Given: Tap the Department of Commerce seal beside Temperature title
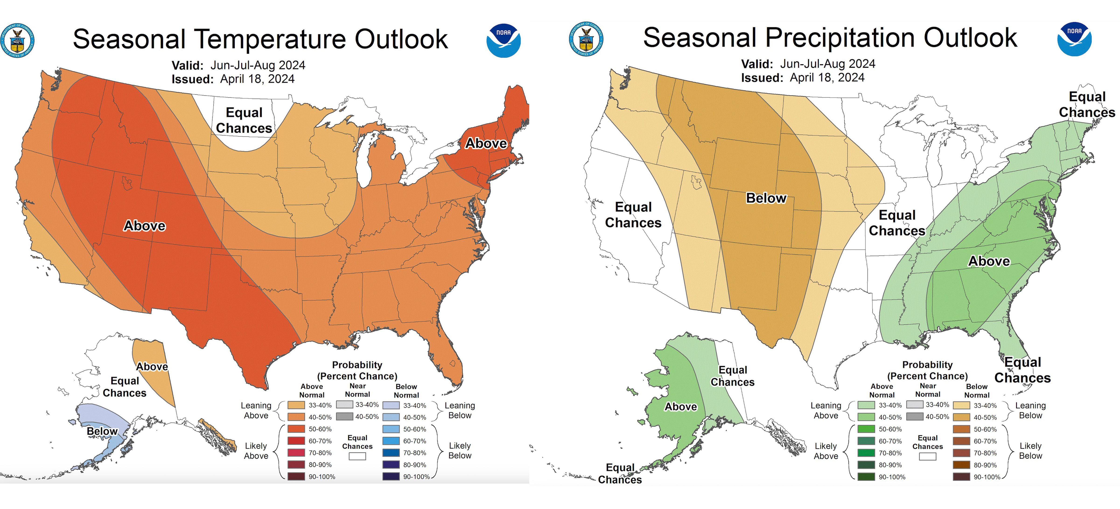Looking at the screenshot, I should click(x=18, y=40).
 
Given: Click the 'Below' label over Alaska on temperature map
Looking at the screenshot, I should click(x=102, y=431).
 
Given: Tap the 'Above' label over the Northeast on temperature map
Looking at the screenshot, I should click(x=486, y=143).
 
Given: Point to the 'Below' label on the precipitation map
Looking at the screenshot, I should click(x=766, y=198).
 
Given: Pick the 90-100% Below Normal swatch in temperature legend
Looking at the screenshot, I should click(x=391, y=476).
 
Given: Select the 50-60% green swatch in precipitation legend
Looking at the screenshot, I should click(x=866, y=429).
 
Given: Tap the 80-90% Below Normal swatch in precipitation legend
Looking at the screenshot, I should click(x=961, y=465).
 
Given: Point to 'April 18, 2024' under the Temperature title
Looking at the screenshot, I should click(x=257, y=79).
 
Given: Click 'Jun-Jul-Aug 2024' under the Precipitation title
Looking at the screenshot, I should click(x=827, y=64).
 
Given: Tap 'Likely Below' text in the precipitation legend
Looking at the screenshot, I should click(x=1030, y=451).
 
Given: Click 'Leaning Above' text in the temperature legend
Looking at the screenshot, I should click(x=256, y=410).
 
